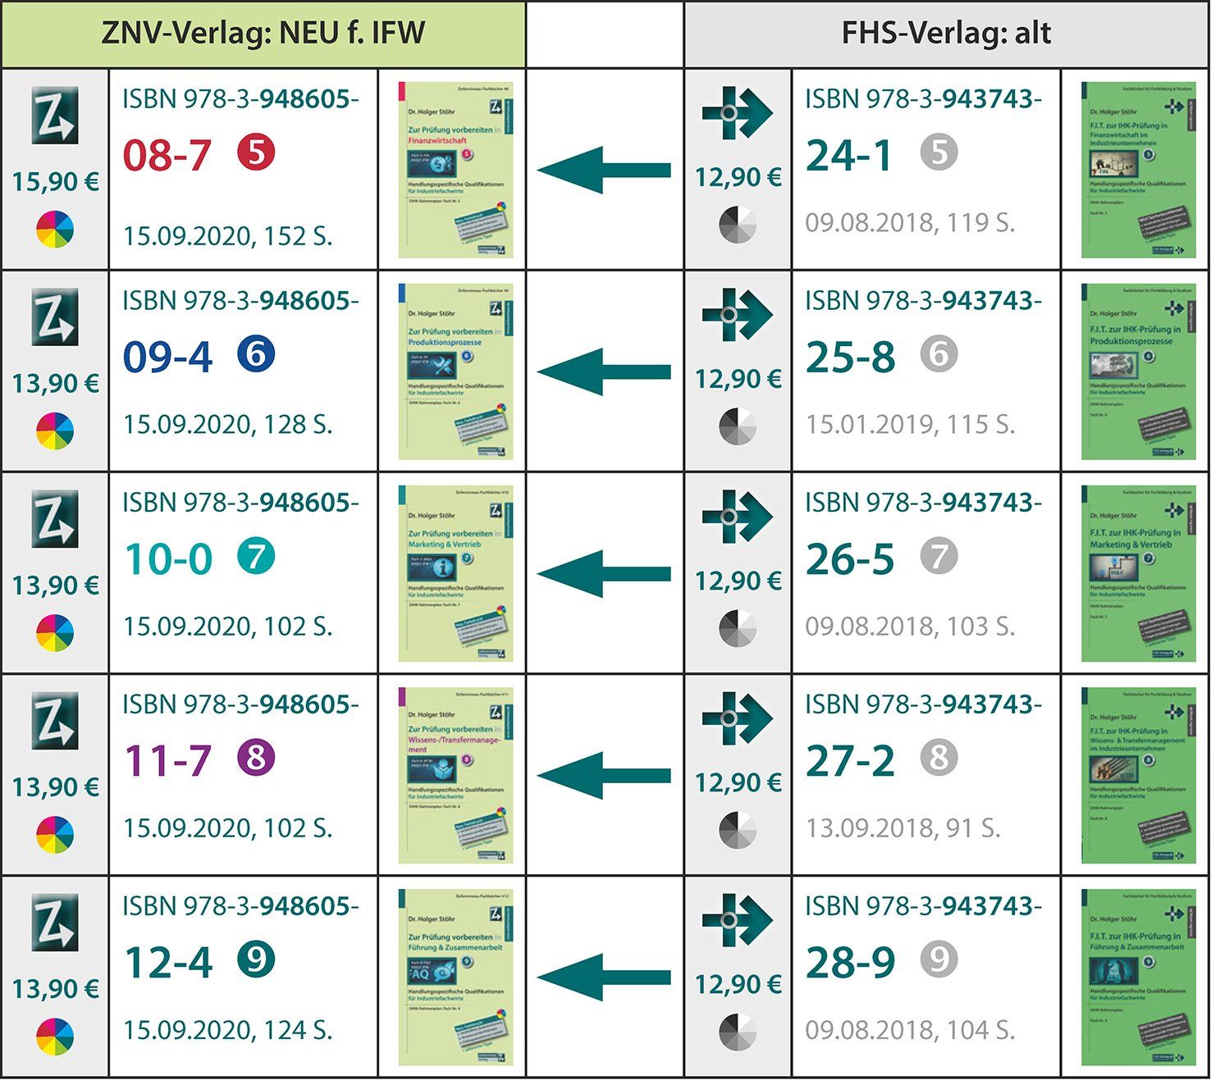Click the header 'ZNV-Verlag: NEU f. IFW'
[263, 34]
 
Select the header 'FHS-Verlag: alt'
[946, 34]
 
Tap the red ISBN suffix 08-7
[167, 156]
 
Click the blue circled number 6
[256, 354]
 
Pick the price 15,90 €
[55, 181]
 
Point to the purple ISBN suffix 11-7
[167, 761]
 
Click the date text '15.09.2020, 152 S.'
[227, 236]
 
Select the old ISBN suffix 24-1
[849, 156]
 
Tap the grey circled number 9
[939, 959]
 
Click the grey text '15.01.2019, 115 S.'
[910, 425]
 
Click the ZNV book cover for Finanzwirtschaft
[455, 170]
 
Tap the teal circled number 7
[256, 557]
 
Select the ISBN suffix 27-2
[849, 761]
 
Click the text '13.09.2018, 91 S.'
[903, 828]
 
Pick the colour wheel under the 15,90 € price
[55, 230]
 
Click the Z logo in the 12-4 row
[55, 923]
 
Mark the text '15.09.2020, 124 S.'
[227, 1030]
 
